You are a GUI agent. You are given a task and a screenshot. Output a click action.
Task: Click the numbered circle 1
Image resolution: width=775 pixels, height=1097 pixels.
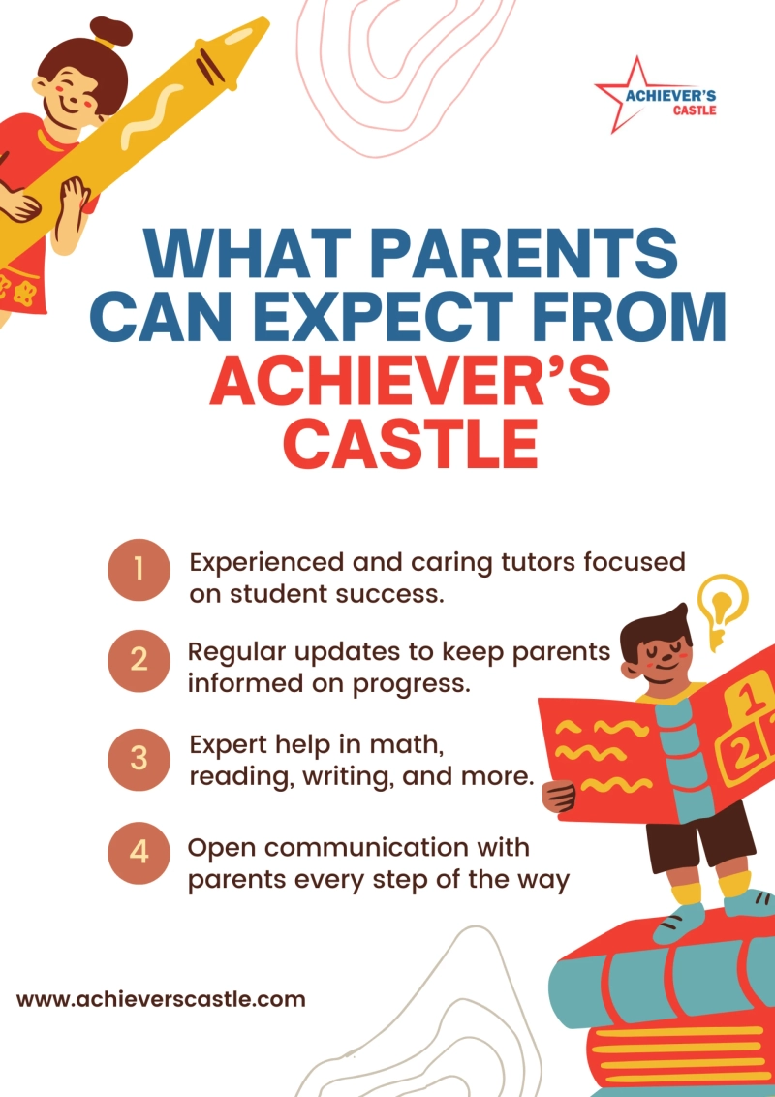click(x=139, y=570)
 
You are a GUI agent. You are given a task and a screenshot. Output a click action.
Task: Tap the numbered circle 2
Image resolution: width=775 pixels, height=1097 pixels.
click(x=139, y=661)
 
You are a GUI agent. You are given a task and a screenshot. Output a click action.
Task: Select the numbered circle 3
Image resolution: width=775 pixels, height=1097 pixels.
click(x=139, y=757)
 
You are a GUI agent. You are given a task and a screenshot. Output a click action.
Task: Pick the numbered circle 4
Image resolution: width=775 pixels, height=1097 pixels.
click(x=139, y=853)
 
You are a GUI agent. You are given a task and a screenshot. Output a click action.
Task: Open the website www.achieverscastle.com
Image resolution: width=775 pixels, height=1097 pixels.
click(x=161, y=999)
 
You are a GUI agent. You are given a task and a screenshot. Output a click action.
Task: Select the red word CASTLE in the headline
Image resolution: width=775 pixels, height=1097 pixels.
click(x=411, y=443)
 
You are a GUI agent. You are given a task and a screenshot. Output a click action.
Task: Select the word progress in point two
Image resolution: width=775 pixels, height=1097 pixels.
click(x=421, y=682)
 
